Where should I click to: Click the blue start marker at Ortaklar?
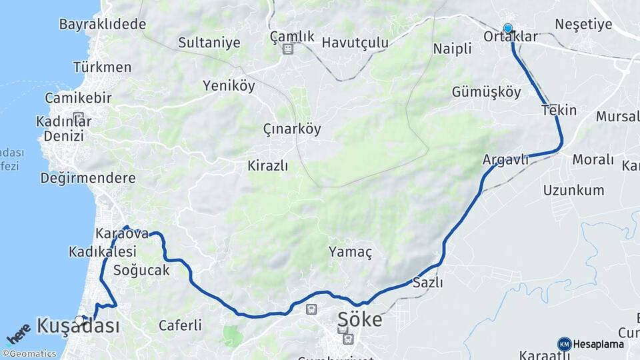[508, 28]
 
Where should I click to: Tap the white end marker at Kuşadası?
[80, 321]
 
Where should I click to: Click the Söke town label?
[360, 319]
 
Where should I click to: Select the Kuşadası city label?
[79, 326]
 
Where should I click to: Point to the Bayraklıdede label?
[103, 25]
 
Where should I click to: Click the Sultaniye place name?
[209, 43]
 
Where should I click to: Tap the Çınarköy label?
[292, 129]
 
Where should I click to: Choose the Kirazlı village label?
[267, 165]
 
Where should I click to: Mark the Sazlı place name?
[428, 282]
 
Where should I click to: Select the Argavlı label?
[506, 159]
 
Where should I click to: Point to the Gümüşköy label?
[487, 92]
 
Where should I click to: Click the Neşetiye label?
[583, 25]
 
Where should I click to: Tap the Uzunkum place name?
[573, 190]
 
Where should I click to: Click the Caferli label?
[180, 325]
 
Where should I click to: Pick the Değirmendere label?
[88, 178]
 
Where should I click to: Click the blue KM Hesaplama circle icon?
[565, 344]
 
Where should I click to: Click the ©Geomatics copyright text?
[29, 354]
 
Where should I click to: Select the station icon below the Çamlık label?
[288, 49]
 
